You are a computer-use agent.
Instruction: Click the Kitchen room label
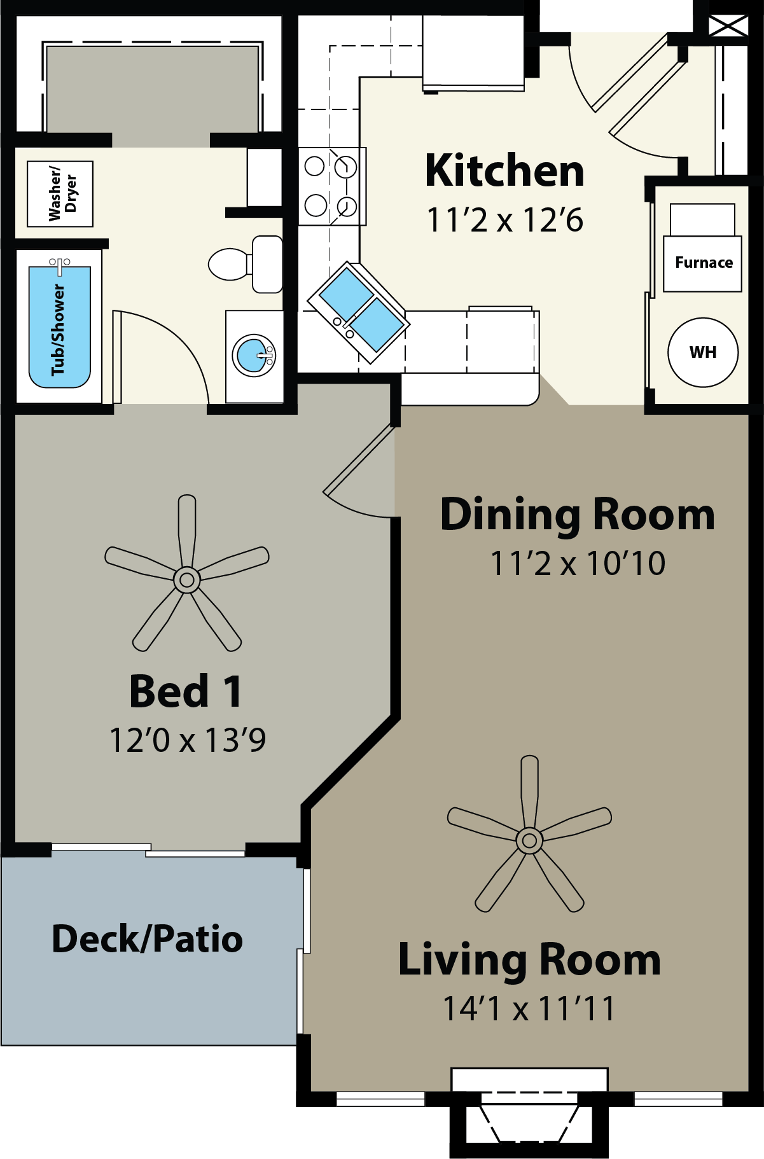coord(504,171)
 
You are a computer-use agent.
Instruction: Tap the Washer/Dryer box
coord(60,194)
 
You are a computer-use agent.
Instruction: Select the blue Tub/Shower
coord(60,327)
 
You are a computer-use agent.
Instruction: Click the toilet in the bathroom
coord(246,264)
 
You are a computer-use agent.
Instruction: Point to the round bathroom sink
coord(254,356)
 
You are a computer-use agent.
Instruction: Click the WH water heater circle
coord(703,352)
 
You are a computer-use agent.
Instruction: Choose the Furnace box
coord(703,263)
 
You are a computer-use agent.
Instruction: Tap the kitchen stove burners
coord(331,186)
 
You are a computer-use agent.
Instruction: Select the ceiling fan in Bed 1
coord(187,579)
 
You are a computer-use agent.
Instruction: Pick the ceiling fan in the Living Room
coord(529,840)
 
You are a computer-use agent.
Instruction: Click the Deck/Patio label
coord(148,940)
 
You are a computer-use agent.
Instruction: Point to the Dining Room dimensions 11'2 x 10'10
coord(578,564)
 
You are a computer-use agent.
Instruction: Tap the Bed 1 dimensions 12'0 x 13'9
coord(188,740)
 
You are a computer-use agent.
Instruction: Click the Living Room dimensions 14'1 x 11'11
coord(529,1009)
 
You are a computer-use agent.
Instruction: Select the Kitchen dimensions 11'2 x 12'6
coord(504,220)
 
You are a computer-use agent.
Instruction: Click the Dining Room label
coord(578,515)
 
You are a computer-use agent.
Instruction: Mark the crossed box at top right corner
coord(728,26)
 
